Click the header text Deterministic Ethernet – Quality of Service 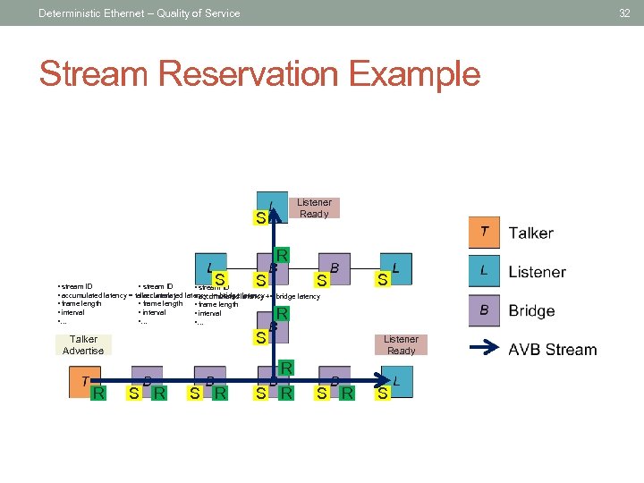click(140, 13)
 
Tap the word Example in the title click(414, 74)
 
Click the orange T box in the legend click(484, 233)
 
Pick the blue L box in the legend click(484, 270)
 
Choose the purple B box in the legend click(484, 310)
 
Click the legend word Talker click(530, 233)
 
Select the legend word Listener click(537, 272)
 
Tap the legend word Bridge click(531, 311)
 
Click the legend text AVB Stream click(552, 350)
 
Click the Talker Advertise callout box click(83, 344)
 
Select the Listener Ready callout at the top click(313, 208)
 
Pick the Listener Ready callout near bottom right click(401, 344)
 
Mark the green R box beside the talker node click(100, 393)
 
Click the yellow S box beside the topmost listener click(260, 216)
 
